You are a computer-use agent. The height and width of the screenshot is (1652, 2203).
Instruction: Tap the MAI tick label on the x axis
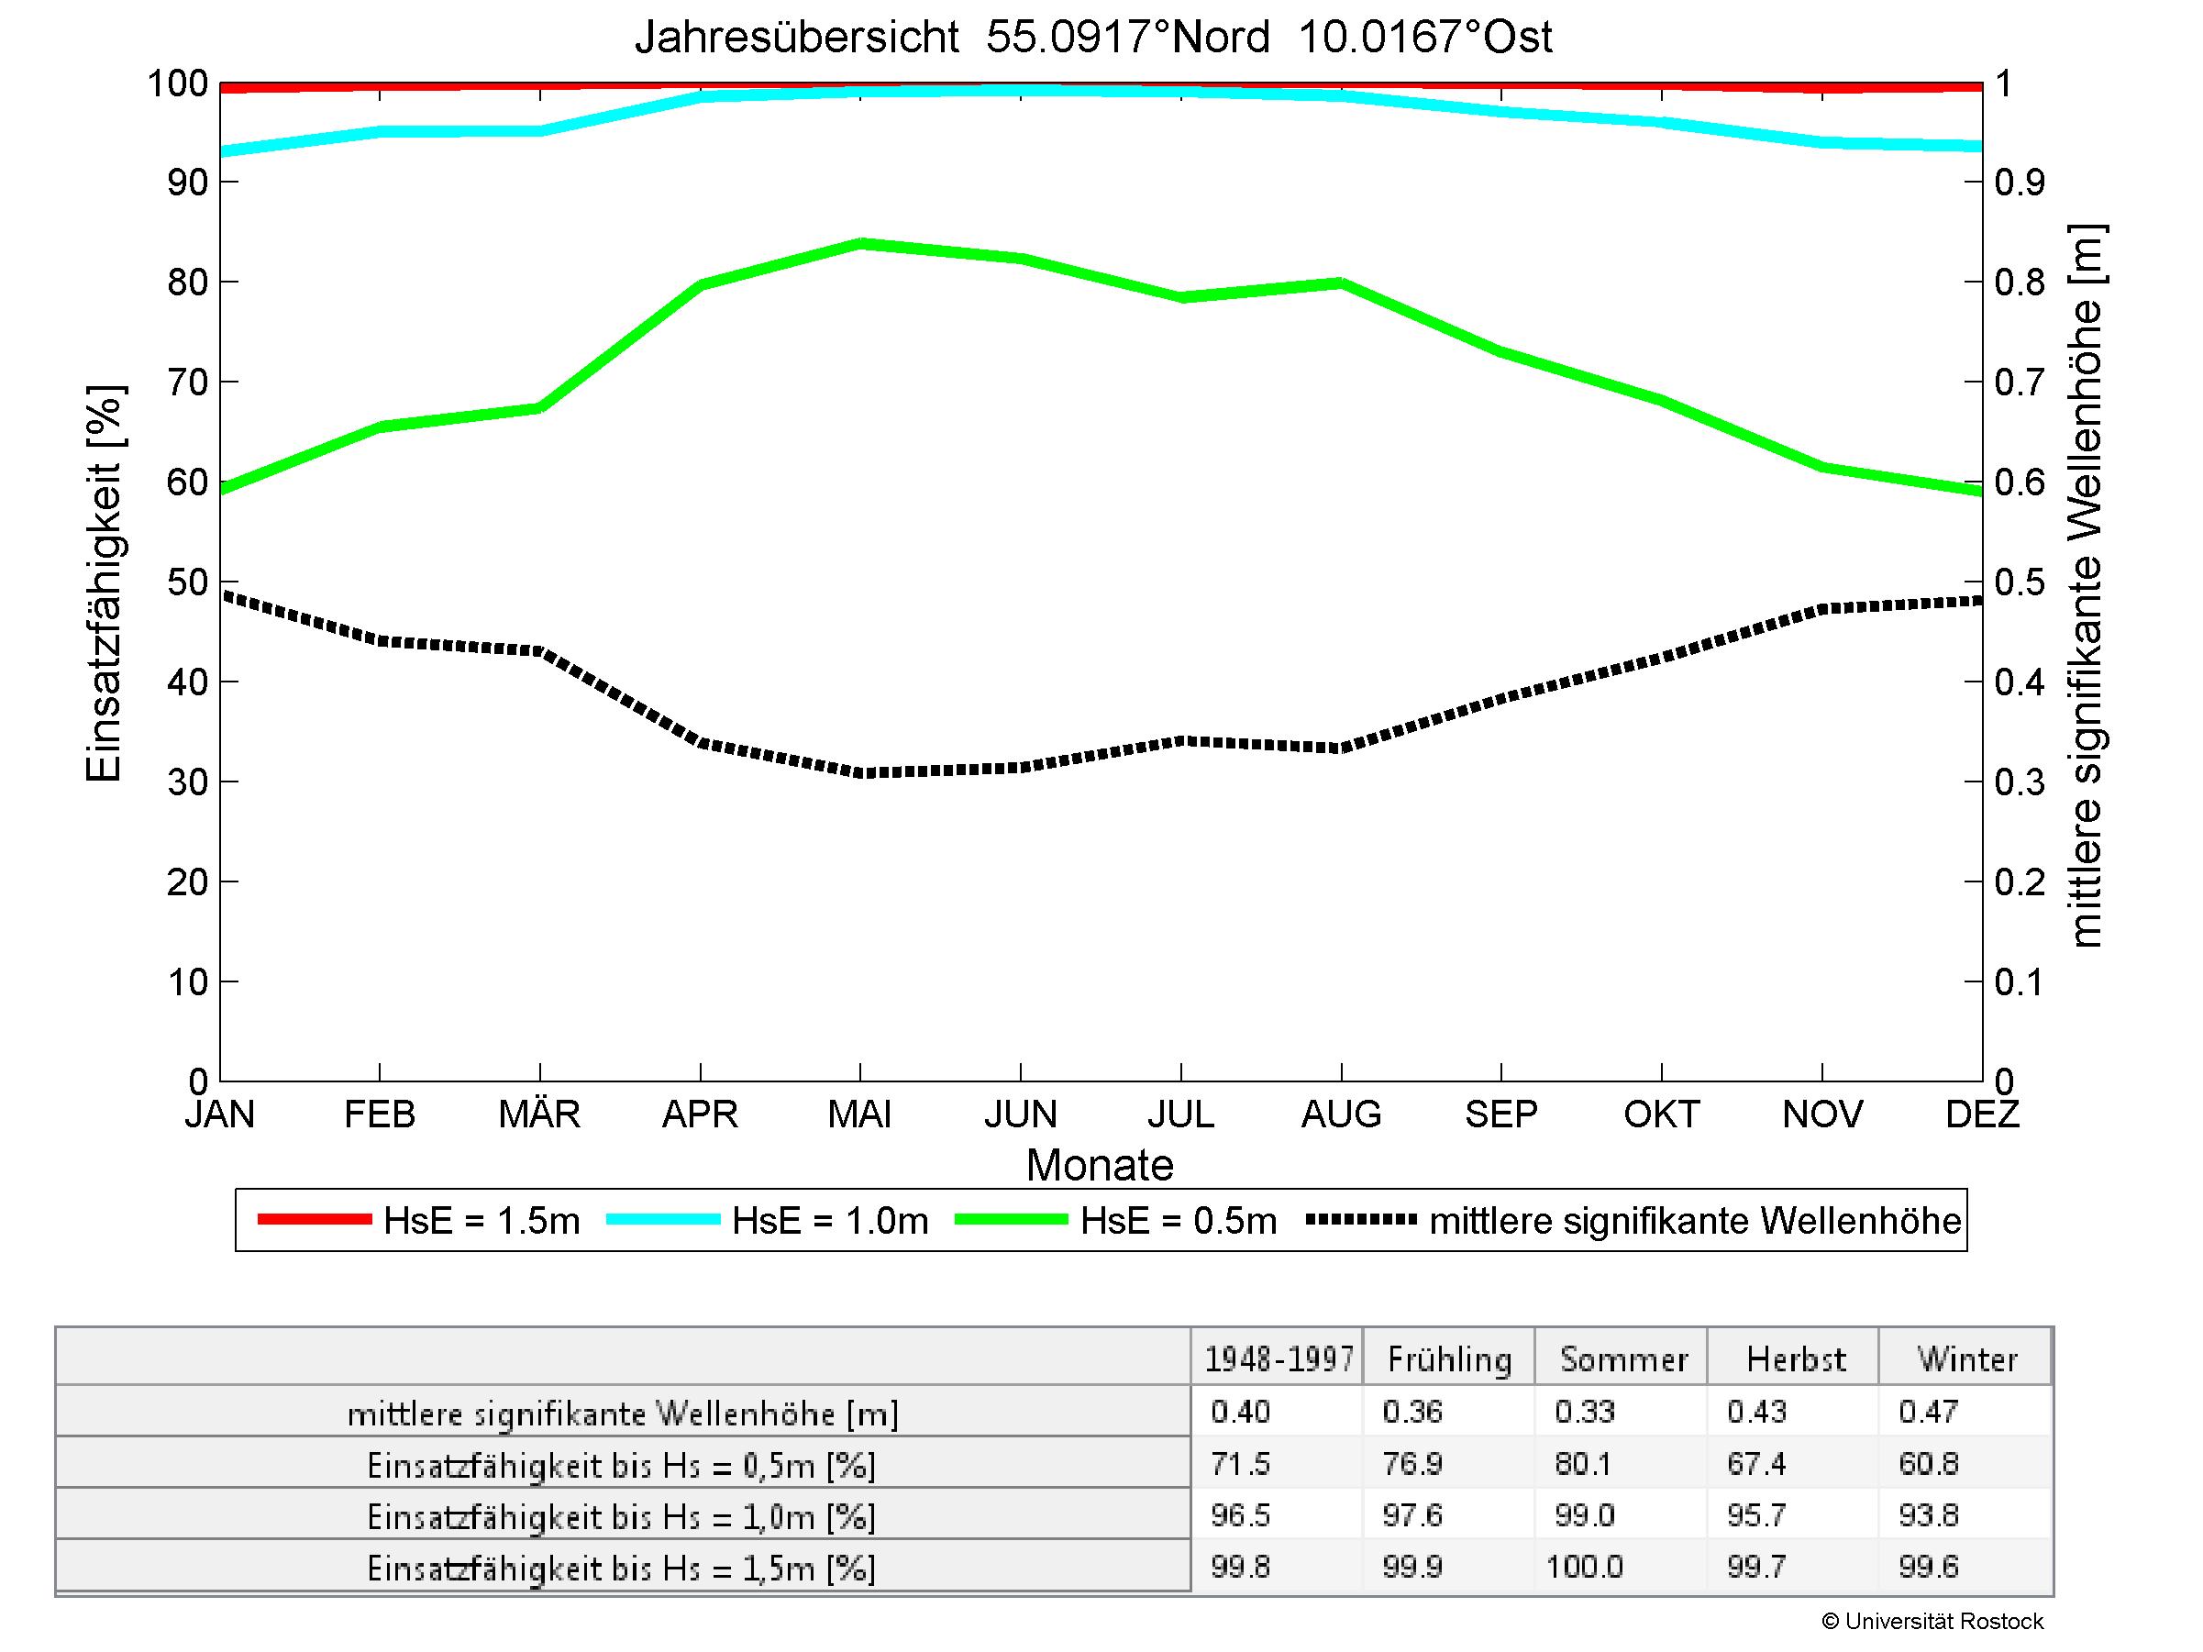click(859, 1114)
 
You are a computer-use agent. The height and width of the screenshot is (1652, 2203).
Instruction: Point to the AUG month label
click(1341, 1114)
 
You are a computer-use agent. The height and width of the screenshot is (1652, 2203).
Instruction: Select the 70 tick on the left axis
click(187, 383)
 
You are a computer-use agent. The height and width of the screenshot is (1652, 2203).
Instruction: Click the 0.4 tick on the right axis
click(2019, 683)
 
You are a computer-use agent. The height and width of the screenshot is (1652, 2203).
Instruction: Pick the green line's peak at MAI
click(860, 243)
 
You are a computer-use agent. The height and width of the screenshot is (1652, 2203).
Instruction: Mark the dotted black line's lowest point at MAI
click(860, 772)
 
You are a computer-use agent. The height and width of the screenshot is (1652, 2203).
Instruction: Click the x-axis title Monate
click(1100, 1165)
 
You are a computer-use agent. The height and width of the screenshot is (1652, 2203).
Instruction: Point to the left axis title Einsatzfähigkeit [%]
click(104, 583)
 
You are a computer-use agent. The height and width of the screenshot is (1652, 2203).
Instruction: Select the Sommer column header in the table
click(1623, 1359)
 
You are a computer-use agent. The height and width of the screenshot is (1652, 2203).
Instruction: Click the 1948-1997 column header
click(1279, 1359)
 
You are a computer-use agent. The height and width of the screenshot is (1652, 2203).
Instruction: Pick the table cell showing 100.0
click(1584, 1568)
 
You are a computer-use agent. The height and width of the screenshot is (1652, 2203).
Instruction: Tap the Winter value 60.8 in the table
click(1928, 1464)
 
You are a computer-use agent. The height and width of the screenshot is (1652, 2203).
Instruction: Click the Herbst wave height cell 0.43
click(1757, 1412)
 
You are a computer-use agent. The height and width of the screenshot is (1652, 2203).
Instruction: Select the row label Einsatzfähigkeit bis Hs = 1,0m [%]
click(622, 1516)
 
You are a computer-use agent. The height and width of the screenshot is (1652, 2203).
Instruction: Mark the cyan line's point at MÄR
click(540, 130)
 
